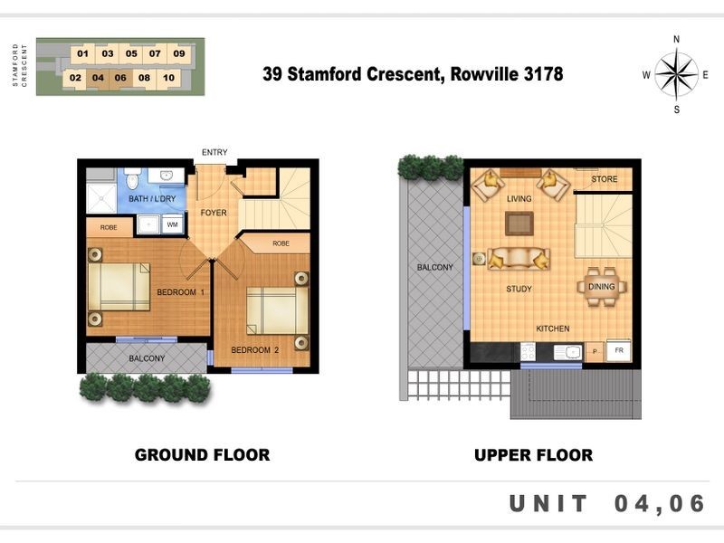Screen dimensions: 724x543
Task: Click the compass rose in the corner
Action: pos(676,74)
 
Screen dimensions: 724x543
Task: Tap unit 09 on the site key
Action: pos(179,53)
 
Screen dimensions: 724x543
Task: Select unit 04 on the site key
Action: pos(98,78)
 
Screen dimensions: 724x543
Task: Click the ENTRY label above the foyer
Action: pos(214,152)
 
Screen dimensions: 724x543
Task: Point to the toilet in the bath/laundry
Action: pos(133,177)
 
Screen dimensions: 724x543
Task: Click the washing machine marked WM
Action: pos(173,224)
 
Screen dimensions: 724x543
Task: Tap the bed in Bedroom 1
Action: pos(119,287)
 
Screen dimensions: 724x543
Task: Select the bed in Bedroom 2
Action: pos(277,310)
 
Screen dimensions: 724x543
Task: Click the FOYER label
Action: pos(214,213)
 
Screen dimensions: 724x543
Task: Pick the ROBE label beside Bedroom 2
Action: pos(281,243)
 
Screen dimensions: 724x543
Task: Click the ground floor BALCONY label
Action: pos(147,358)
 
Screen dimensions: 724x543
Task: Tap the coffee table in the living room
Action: pos(519,224)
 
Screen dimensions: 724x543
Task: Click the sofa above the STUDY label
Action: pos(519,259)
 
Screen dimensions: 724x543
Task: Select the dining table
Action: pos(602,287)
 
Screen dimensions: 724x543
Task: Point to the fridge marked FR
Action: pos(619,351)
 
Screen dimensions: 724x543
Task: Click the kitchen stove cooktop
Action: pos(528,352)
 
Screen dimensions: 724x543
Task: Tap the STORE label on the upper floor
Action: pos(605,179)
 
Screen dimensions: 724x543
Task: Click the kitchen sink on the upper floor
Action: pos(567,352)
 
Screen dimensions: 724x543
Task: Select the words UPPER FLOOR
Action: pos(533,455)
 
